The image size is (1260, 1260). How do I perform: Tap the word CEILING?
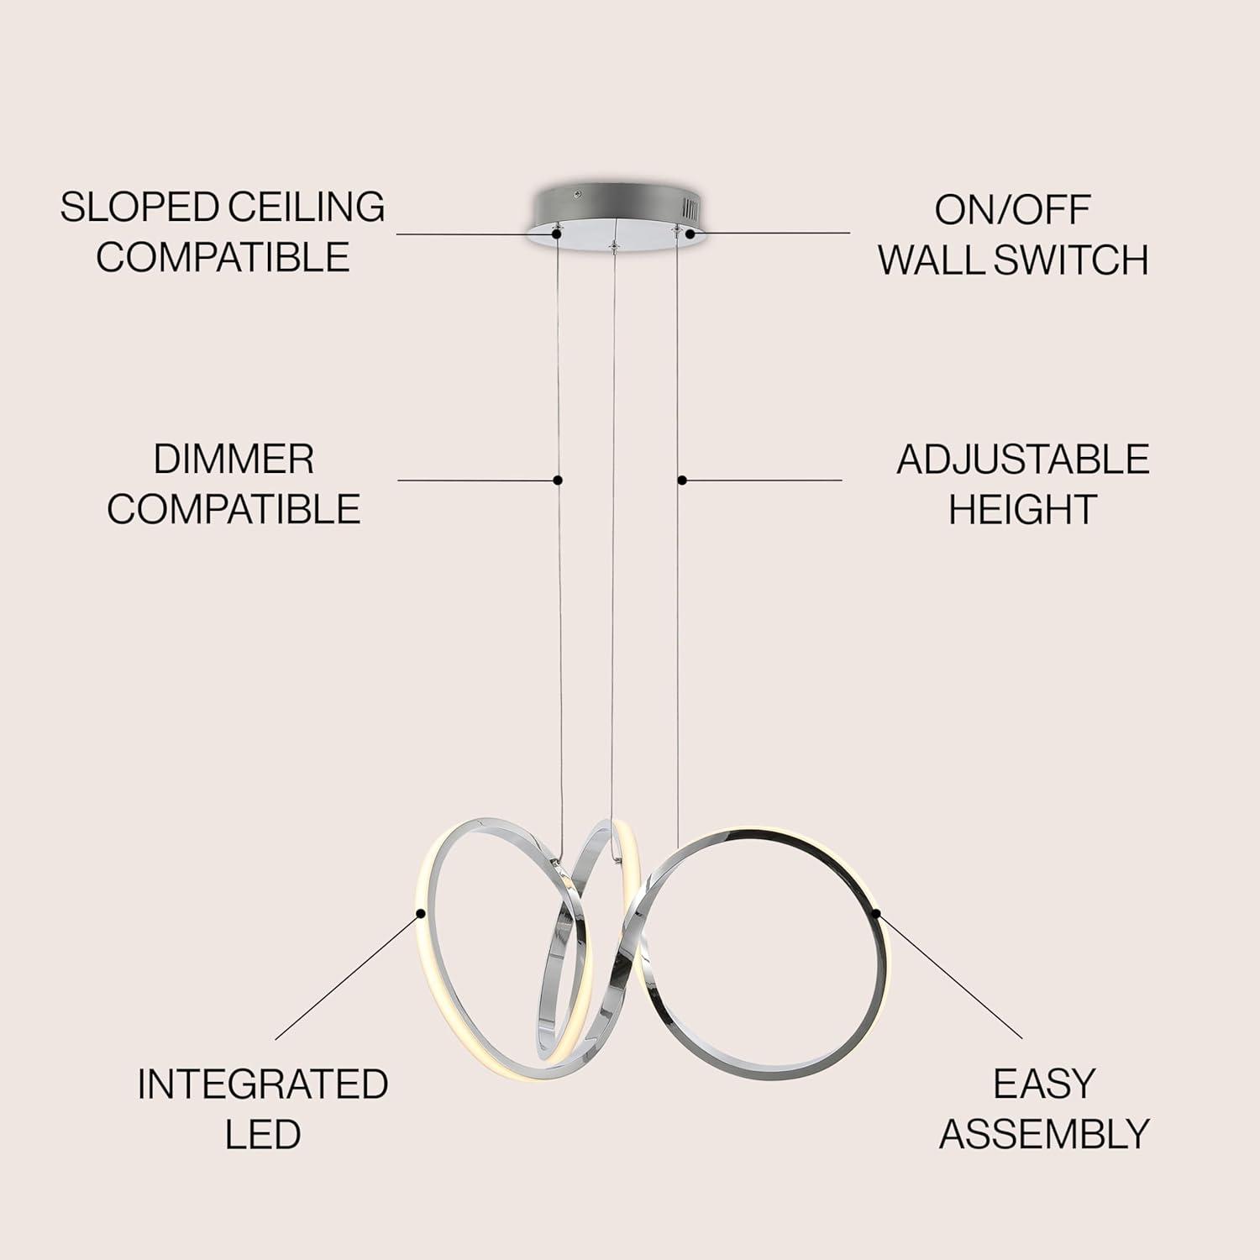coord(307,207)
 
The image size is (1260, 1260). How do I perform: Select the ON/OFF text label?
coord(1013,210)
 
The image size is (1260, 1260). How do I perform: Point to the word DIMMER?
coord(234,459)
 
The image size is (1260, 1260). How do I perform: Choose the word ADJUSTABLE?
coord(1022,459)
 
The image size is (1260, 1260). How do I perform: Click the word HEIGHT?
coord(1022,509)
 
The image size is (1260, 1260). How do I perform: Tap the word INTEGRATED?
coord(262,1084)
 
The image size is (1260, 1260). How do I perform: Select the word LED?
coord(262,1135)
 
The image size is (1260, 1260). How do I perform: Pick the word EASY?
coord(1044,1084)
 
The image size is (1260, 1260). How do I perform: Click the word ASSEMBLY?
coord(1044,1135)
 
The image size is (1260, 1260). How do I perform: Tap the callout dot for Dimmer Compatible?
coord(558,480)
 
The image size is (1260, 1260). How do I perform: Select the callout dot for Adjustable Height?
coord(682,480)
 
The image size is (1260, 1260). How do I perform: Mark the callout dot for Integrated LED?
coord(420,912)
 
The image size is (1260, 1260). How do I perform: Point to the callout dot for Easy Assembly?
coord(876,912)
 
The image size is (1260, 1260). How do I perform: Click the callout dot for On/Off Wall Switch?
coord(690,234)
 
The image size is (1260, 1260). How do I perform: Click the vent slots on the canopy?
coord(690,207)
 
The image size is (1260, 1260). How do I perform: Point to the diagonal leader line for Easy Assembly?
coord(950,975)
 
